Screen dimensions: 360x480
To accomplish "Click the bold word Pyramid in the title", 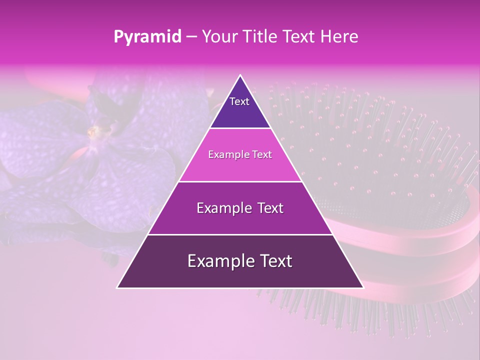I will pos(147,37).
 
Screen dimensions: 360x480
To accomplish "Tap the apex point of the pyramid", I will pos(240,75).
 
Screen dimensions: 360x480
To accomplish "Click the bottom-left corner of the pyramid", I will pos(118,287).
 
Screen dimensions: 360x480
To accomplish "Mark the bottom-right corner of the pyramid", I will pos(362,287).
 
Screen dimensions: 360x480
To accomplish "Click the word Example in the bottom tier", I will pos(217,261).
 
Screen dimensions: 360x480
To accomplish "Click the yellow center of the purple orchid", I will pos(92,132).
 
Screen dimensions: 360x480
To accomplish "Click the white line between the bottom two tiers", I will pos(240,234).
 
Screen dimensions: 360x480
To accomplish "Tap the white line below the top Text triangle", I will pos(240,128).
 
